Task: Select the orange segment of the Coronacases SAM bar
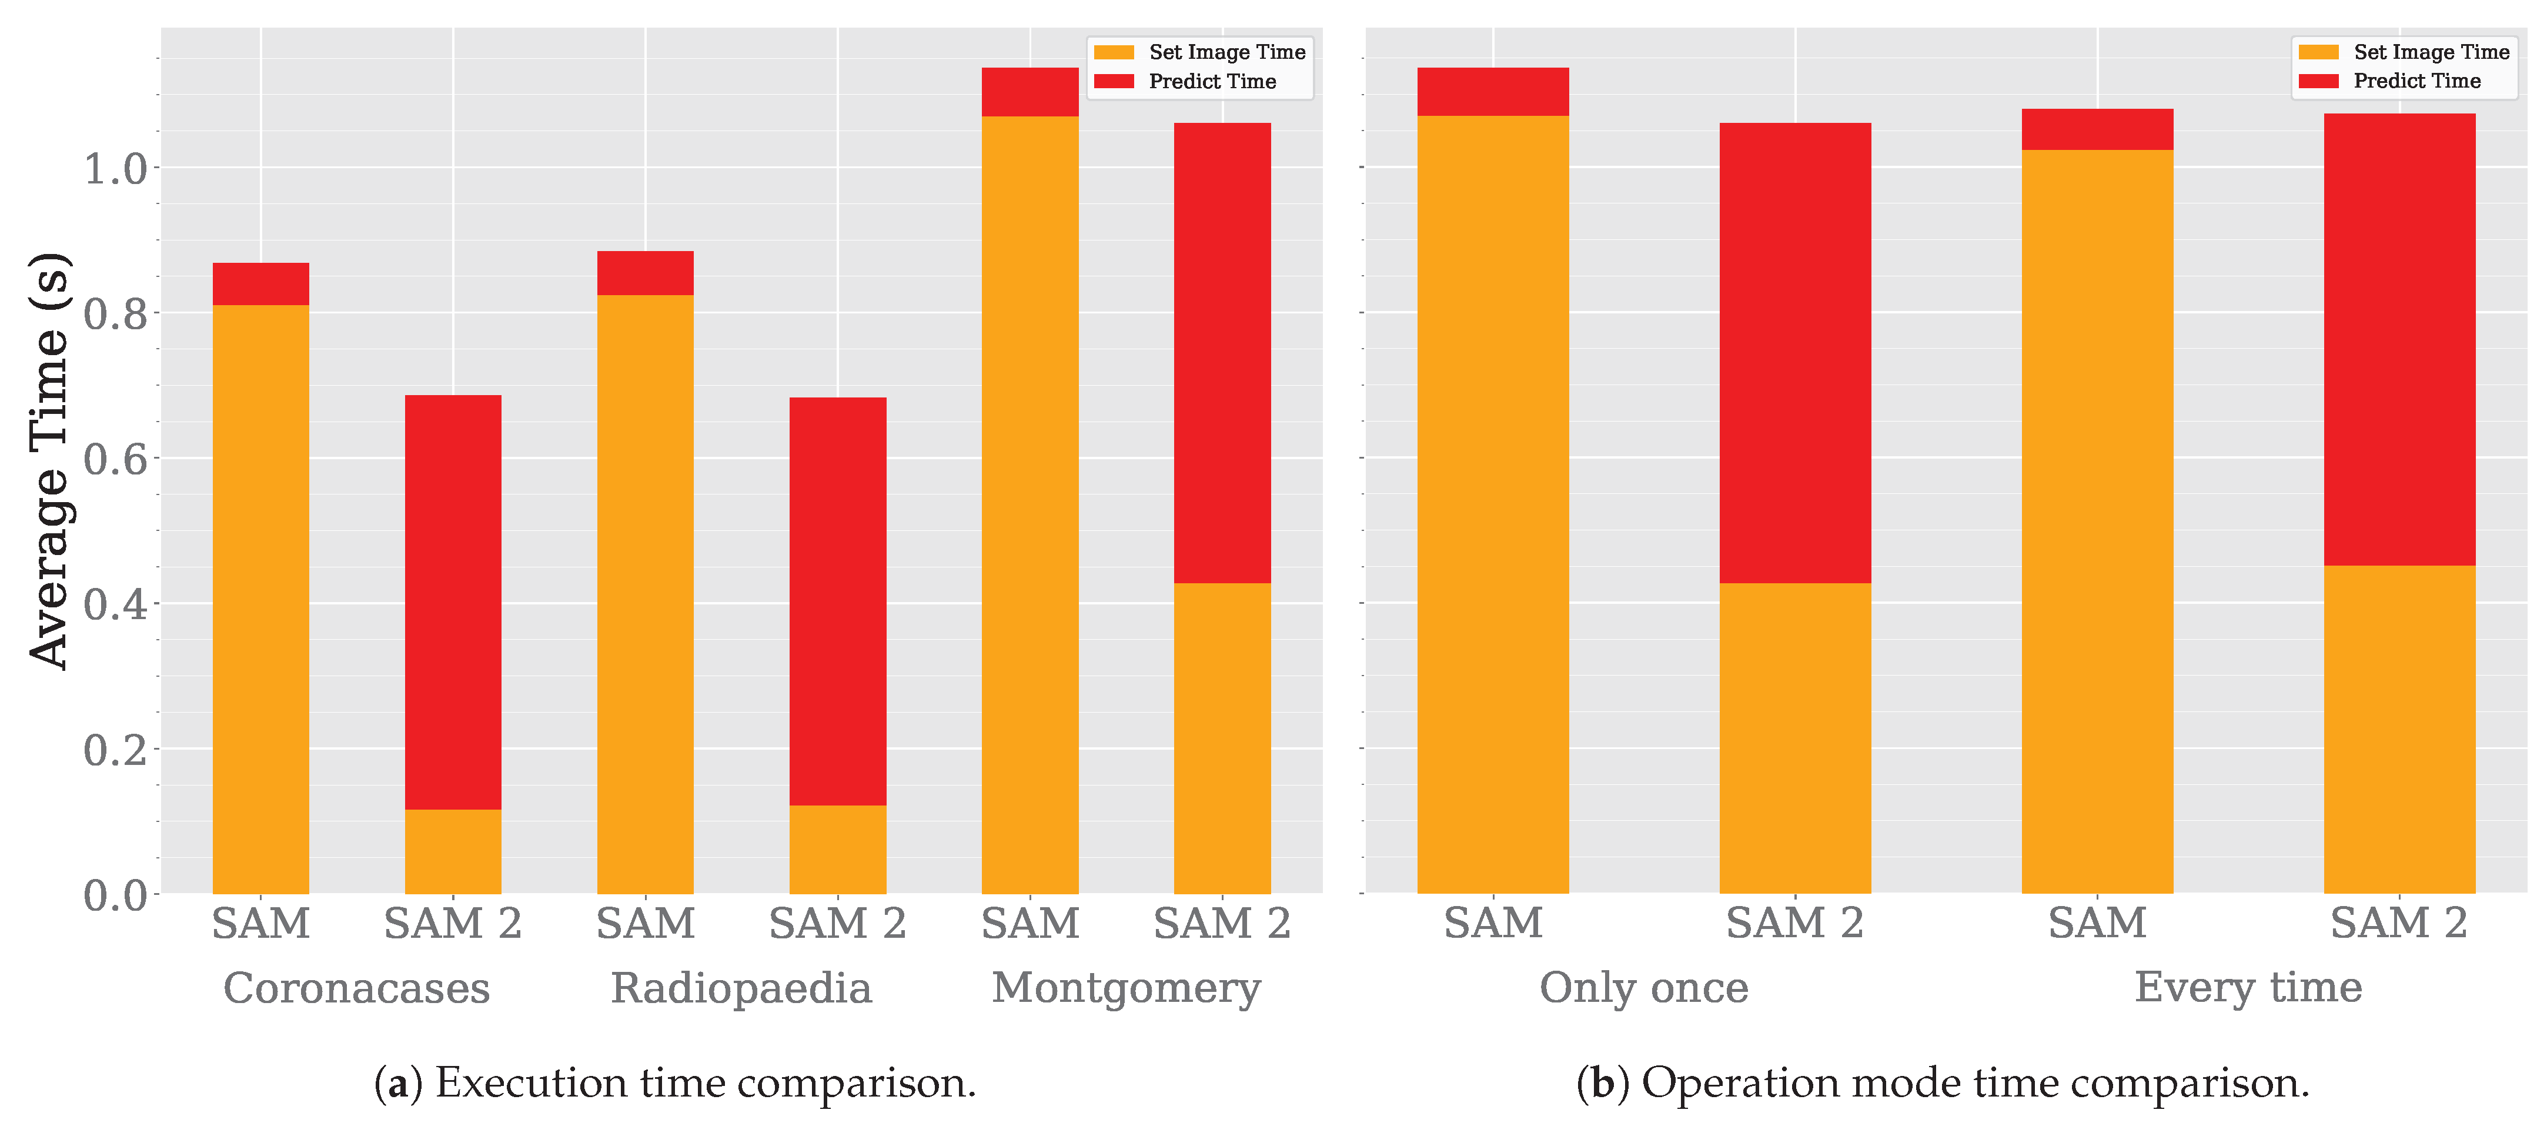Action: click(261, 598)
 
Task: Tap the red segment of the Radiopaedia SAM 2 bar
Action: click(837, 601)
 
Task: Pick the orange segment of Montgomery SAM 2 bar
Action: click(1222, 737)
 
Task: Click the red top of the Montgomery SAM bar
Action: click(1030, 92)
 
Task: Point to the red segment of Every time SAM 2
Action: click(2399, 339)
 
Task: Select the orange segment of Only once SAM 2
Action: click(1794, 737)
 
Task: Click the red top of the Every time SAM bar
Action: click(2097, 129)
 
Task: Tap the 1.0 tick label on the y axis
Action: click(115, 169)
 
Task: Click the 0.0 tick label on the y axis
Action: click(115, 895)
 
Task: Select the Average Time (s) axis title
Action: click(49, 461)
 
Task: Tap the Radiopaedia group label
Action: click(741, 988)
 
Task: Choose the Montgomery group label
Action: click(1126, 988)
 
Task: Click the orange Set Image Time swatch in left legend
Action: click(1114, 52)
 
